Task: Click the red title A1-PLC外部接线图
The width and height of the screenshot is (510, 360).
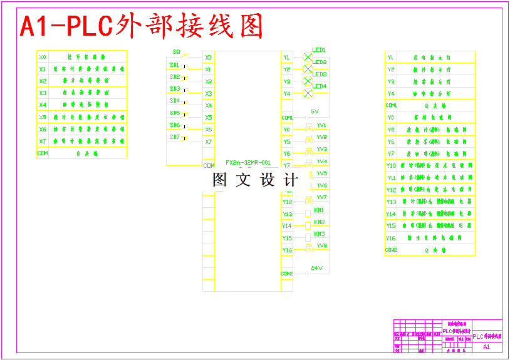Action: click(x=142, y=26)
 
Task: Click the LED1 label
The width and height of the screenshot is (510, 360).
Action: click(x=320, y=49)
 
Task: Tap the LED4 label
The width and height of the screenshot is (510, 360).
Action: click(x=320, y=86)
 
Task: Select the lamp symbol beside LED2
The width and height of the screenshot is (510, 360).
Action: click(x=308, y=69)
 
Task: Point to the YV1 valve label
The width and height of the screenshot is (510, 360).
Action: click(x=321, y=125)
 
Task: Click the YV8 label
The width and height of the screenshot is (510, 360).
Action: click(x=322, y=245)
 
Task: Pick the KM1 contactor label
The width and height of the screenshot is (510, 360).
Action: click(x=319, y=210)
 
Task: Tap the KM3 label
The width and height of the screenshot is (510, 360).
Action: click(x=319, y=234)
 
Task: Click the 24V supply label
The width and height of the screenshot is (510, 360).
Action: click(x=316, y=269)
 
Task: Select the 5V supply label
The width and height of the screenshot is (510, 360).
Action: click(x=315, y=111)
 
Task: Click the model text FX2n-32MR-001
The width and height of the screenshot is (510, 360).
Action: click(x=248, y=162)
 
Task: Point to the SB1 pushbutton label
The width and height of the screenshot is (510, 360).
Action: click(x=174, y=64)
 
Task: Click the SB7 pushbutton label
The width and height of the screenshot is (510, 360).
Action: click(x=174, y=136)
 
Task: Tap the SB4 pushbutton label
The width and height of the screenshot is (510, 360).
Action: click(x=174, y=100)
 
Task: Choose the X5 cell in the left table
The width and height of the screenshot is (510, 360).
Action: click(x=43, y=117)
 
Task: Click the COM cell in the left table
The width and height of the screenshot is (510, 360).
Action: click(x=43, y=153)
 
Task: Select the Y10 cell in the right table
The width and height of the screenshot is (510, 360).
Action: click(x=391, y=166)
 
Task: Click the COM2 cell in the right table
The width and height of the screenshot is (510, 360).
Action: click(x=391, y=250)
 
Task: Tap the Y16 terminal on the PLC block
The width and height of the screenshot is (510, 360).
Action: click(x=287, y=250)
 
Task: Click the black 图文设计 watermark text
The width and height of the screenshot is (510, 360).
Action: click(x=254, y=180)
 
